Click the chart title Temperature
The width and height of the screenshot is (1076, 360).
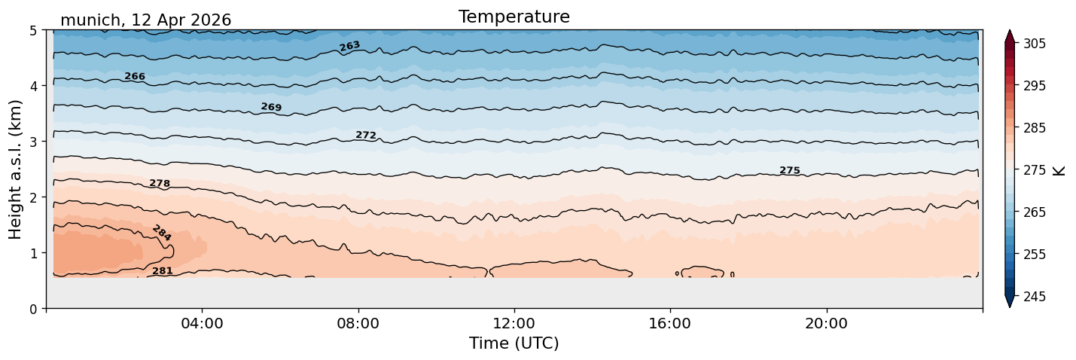click(x=514, y=17)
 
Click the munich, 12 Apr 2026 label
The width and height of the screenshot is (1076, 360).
click(x=145, y=20)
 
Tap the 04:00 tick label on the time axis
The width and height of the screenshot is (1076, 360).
click(x=203, y=323)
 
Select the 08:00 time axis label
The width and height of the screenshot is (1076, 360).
click(x=358, y=323)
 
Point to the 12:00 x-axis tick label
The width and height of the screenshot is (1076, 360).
click(x=514, y=323)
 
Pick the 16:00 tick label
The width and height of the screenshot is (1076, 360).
click(x=670, y=323)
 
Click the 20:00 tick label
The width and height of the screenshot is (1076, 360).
click(x=826, y=323)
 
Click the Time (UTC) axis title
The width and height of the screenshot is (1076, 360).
click(x=514, y=343)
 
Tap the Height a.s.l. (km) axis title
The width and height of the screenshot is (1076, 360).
click(x=15, y=169)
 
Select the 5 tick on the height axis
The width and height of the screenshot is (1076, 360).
click(x=33, y=31)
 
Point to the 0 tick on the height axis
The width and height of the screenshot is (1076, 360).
click(x=33, y=309)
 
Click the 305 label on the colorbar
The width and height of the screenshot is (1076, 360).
click(x=1035, y=44)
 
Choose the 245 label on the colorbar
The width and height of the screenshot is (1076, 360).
click(x=1035, y=297)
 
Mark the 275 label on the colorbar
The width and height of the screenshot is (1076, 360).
click(x=1035, y=170)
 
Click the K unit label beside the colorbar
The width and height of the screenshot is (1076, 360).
click(x=1058, y=171)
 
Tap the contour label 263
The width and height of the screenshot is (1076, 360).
click(x=349, y=46)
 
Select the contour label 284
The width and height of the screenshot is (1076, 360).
click(x=162, y=233)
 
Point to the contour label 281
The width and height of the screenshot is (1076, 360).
click(x=163, y=271)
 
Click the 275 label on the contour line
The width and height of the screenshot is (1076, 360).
click(x=790, y=170)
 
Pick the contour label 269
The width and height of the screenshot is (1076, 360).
click(x=271, y=107)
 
